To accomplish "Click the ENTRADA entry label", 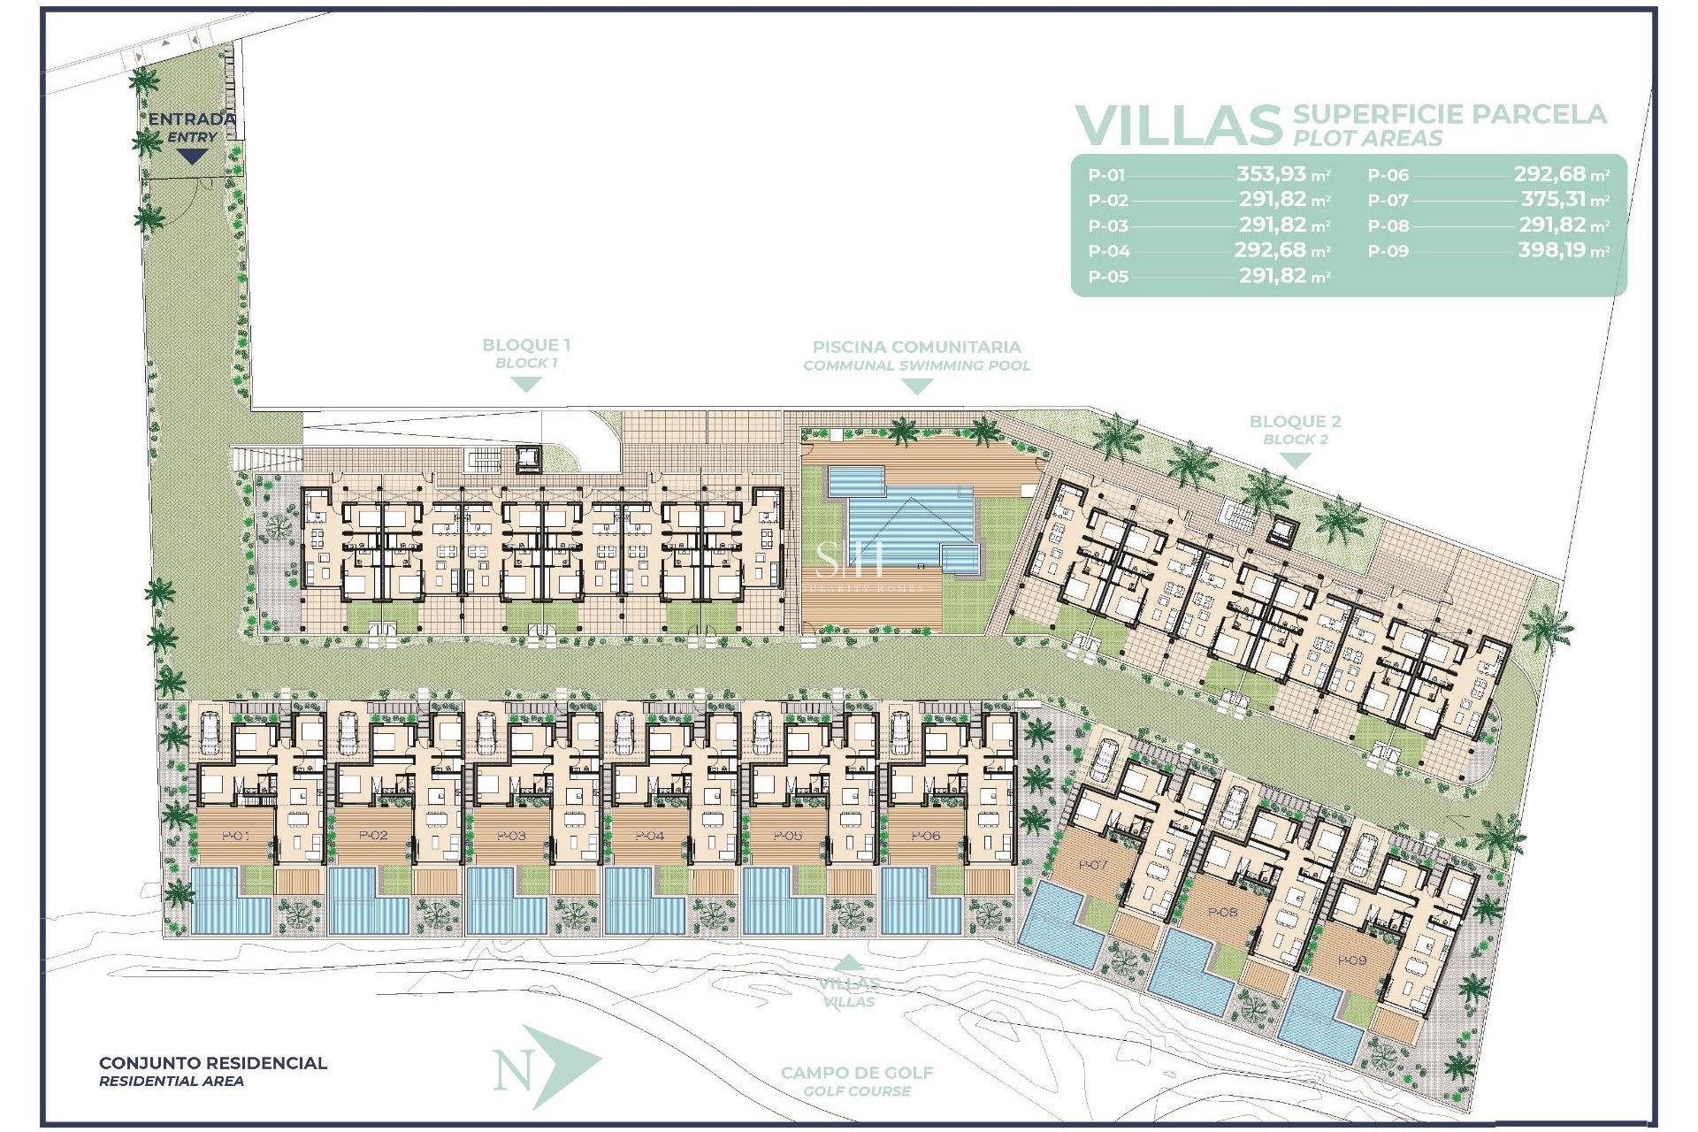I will coord(191,119).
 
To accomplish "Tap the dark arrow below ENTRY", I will coord(192,157).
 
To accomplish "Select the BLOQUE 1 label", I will coord(525,346).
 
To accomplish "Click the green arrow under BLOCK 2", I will coord(1295,461).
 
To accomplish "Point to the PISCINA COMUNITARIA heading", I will coord(916,348).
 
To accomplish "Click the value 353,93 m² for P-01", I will coord(1282,174).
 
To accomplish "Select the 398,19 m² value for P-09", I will coord(1563,250).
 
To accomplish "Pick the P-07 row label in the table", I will coord(1388,201).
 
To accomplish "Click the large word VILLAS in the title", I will coord(1178,126).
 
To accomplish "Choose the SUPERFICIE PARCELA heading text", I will coord(1449,114).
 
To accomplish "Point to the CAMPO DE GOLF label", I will coord(856,1073).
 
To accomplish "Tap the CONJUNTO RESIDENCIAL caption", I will coord(212,1063).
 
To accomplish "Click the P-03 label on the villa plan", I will coord(511,836).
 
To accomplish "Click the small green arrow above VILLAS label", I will coord(848,963).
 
